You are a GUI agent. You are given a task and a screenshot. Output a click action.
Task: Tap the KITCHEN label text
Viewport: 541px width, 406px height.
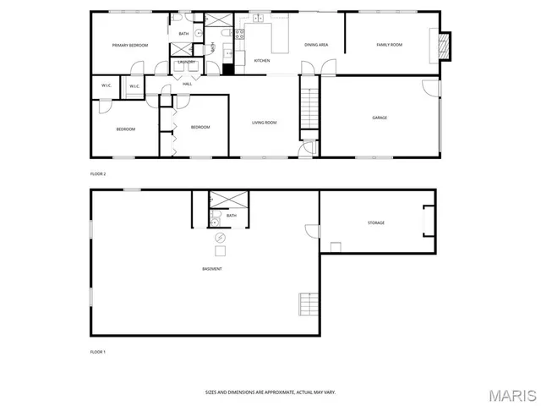click(x=262, y=61)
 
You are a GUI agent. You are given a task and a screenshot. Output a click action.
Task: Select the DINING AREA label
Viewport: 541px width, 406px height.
click(x=316, y=45)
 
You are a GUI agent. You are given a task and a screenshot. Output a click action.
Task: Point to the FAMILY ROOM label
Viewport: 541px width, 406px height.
click(x=389, y=45)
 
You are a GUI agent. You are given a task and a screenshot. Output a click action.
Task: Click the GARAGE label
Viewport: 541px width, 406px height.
click(x=380, y=118)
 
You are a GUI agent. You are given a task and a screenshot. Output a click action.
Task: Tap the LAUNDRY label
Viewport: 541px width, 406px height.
click(x=186, y=63)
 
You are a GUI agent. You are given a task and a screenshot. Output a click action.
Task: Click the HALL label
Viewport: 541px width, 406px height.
click(x=187, y=83)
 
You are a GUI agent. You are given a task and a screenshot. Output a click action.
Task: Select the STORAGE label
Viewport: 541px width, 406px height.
click(x=375, y=222)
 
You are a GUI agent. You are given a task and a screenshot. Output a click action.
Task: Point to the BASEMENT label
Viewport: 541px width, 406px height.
click(x=212, y=269)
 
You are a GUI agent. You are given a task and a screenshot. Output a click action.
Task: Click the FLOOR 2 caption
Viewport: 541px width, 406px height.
click(x=98, y=173)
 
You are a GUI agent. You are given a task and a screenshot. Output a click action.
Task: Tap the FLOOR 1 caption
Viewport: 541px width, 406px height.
click(x=98, y=350)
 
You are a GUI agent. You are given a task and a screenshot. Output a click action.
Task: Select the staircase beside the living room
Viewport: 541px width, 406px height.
click(x=310, y=108)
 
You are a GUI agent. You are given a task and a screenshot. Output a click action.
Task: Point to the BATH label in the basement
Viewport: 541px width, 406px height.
click(x=231, y=216)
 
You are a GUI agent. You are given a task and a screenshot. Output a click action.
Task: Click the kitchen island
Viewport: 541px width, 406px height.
click(x=278, y=36)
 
